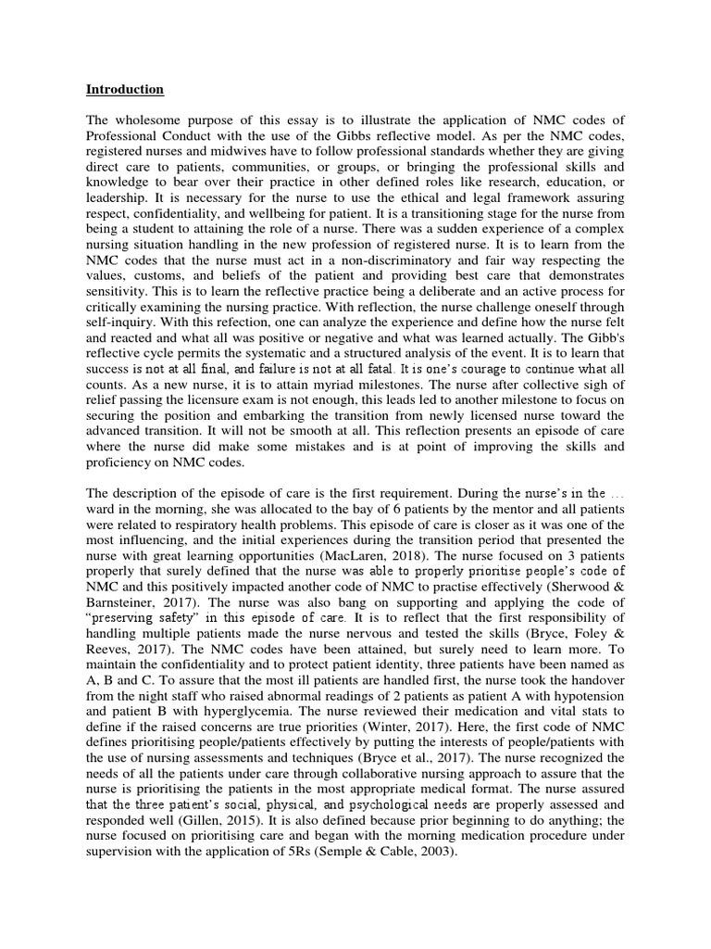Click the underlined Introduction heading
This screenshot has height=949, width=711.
point(125,90)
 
